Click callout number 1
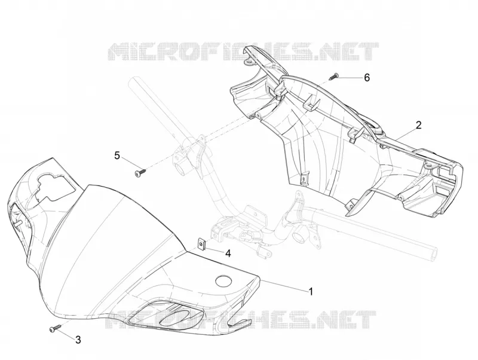click(311, 291)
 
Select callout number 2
click(419, 125)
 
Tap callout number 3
click(78, 340)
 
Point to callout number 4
click(228, 253)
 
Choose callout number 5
click(117, 155)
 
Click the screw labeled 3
click(54, 328)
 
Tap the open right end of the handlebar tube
click(435, 254)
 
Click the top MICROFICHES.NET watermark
click(243, 51)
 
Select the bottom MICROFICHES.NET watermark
click(241, 319)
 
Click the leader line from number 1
click(284, 284)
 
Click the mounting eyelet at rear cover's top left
click(249, 63)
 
